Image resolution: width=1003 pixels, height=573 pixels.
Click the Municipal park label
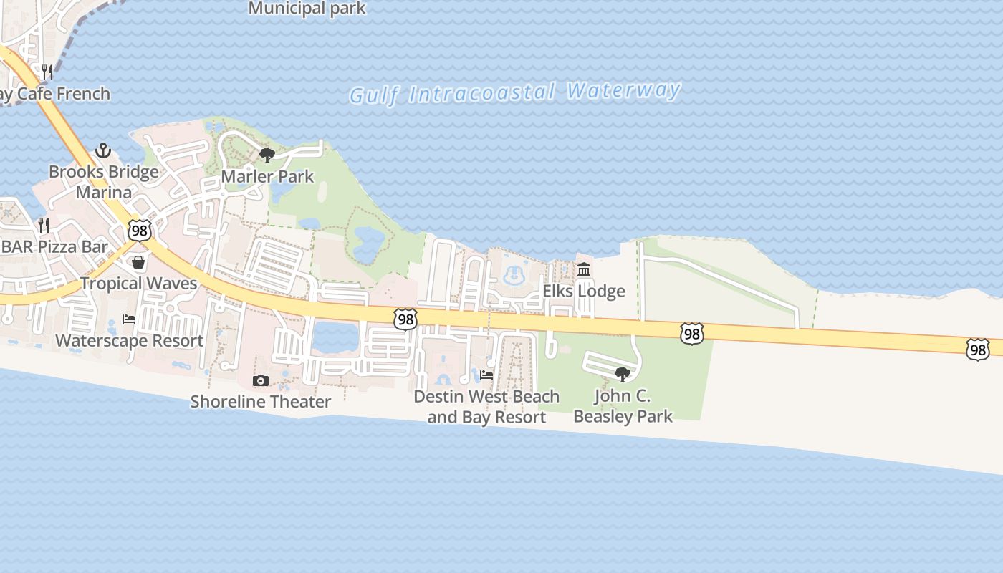[x=307, y=9]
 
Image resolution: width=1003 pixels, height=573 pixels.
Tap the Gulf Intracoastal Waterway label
[x=514, y=92]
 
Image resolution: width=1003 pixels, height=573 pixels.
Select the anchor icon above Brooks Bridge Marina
[x=103, y=150]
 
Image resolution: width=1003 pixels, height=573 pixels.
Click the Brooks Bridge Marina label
[x=104, y=182]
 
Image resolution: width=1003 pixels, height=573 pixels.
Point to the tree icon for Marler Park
[x=267, y=155]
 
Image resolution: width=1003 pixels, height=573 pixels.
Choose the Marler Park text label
[x=267, y=176]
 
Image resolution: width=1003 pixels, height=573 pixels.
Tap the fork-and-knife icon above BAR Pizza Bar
[x=44, y=226]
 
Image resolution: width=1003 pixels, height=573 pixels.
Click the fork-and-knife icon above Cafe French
[x=47, y=72]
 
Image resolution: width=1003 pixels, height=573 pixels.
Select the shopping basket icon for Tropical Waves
[x=138, y=262]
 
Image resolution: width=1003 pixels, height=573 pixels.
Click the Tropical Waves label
[x=138, y=283]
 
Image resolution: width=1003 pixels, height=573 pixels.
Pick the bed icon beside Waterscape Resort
[x=129, y=319]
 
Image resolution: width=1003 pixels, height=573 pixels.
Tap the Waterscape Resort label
[x=129, y=340]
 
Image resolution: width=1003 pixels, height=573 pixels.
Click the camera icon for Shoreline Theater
[x=261, y=380]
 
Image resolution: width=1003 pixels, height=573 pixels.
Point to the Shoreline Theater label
[x=261, y=402]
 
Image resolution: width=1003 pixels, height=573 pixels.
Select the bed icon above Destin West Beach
[x=486, y=375]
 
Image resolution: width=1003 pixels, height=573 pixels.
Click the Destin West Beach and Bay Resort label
[x=486, y=406]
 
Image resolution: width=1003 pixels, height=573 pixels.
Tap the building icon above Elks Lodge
[x=584, y=270]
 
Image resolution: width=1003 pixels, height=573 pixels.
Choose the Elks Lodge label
[x=584, y=291]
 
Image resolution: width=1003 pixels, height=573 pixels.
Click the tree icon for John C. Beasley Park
[x=623, y=374]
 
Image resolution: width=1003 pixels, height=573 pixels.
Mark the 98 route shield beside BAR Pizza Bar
[x=140, y=230]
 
